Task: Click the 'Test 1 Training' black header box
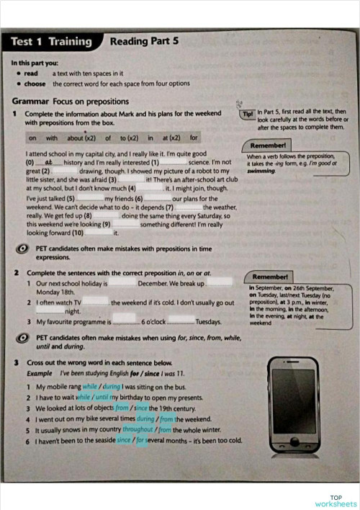point(52,42)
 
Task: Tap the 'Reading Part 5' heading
point(143,42)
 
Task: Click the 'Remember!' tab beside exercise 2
point(271,277)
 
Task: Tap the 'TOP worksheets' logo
point(335,501)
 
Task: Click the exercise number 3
point(15,362)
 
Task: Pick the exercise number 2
point(15,274)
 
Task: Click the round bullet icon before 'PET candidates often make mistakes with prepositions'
point(23,249)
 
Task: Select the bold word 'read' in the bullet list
point(31,73)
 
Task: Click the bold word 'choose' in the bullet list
point(34,84)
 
